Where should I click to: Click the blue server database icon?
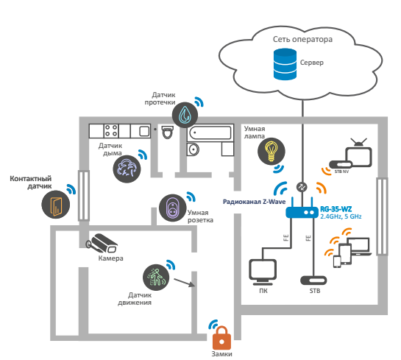[285, 64]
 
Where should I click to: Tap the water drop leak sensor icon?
[185, 115]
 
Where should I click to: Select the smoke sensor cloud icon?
[127, 169]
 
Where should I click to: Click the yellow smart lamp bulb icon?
[271, 151]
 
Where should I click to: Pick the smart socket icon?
[173, 208]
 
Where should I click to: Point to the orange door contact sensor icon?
[56, 205]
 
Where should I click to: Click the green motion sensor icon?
[156, 278]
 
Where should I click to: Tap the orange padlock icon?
[221, 338]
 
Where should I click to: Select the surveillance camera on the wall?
[102, 242]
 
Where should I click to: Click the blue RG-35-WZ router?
[302, 209]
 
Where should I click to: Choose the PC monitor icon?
[263, 272]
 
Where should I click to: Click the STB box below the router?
[313, 280]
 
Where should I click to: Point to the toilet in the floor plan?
[168, 132]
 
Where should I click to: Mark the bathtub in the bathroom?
[210, 133]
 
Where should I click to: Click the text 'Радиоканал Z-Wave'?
[254, 202]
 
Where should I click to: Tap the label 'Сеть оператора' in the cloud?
[302, 39]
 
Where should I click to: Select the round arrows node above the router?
[302, 187]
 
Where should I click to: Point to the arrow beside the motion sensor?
[185, 283]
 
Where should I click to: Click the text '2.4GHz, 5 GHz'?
[341, 216]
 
